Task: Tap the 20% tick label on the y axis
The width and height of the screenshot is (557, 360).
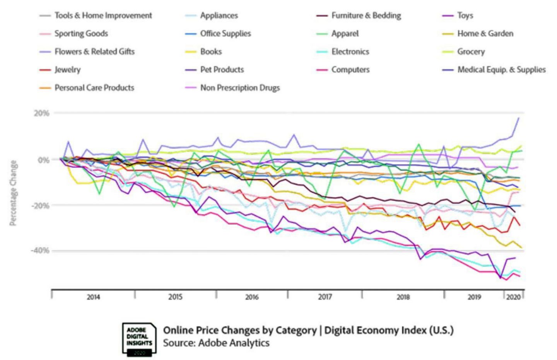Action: pyautogui.click(x=41, y=113)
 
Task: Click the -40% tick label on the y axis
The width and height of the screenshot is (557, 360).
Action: pyautogui.click(x=40, y=251)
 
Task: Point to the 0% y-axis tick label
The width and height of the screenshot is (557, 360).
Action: pyautogui.click(x=43, y=160)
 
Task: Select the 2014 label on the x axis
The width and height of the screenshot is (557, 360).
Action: pyautogui.click(x=93, y=297)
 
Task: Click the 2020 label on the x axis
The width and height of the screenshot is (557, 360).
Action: pyautogui.click(x=513, y=297)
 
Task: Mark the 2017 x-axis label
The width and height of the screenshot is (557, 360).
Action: pyautogui.click(x=325, y=297)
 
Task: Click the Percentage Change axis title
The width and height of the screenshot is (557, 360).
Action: pyautogui.click(x=13, y=193)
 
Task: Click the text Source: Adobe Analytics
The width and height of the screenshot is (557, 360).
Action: pyautogui.click(x=216, y=343)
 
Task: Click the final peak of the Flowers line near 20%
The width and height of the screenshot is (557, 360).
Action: pyautogui.click(x=518, y=118)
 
